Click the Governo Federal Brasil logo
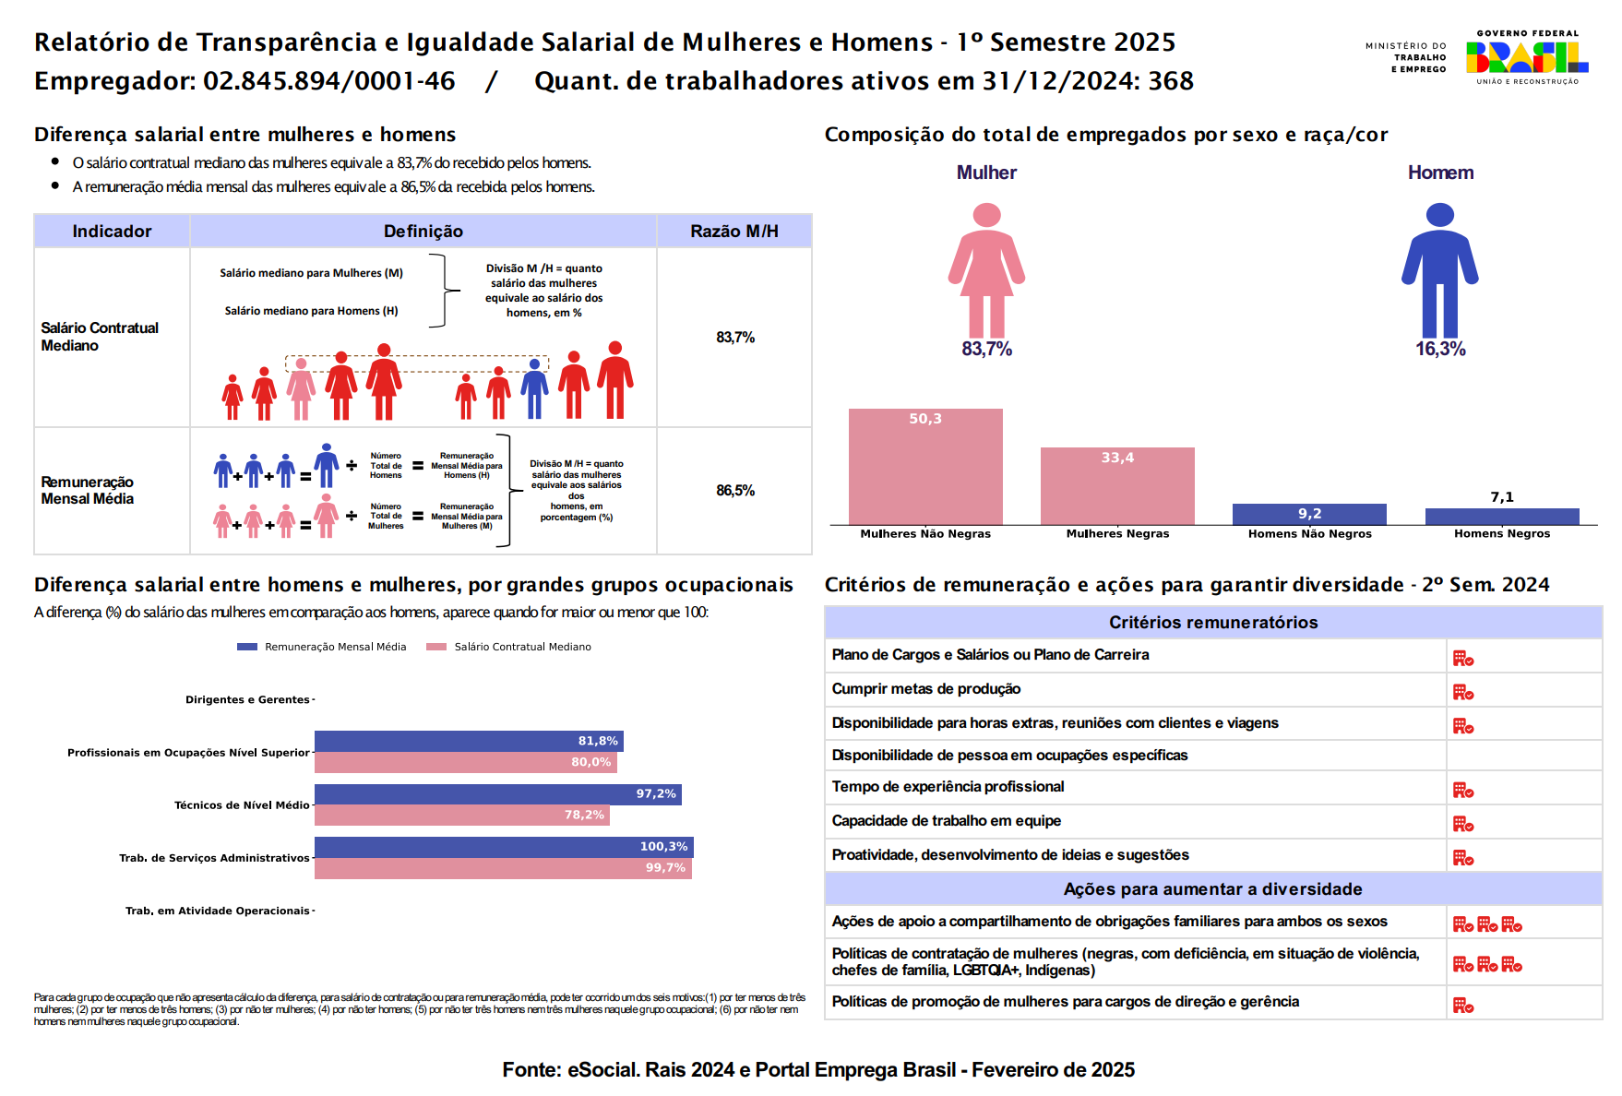pyautogui.click(x=1527, y=57)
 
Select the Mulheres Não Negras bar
pyautogui.click(x=925, y=467)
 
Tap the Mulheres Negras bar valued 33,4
pyautogui.click(x=1117, y=486)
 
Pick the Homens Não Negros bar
pyautogui.click(x=1309, y=514)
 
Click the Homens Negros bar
pyautogui.click(x=1502, y=517)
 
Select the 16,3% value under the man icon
pyautogui.click(x=1440, y=349)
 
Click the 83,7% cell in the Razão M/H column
pyautogui.click(x=735, y=338)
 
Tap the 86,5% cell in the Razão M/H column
pyautogui.click(x=735, y=491)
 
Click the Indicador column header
pyautogui.click(x=112, y=232)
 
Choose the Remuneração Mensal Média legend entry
pyautogui.click(x=322, y=647)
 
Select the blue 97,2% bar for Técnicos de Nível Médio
pyautogui.click(x=497, y=794)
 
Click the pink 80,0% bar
pyautogui.click(x=465, y=762)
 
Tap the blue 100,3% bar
pyautogui.click(x=504, y=847)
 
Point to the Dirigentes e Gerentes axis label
pyautogui.click(x=247, y=699)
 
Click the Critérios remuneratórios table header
pyautogui.click(x=1213, y=623)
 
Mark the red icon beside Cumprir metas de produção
pyautogui.click(x=1463, y=692)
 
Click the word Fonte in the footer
pyautogui.click(x=531, y=1070)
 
